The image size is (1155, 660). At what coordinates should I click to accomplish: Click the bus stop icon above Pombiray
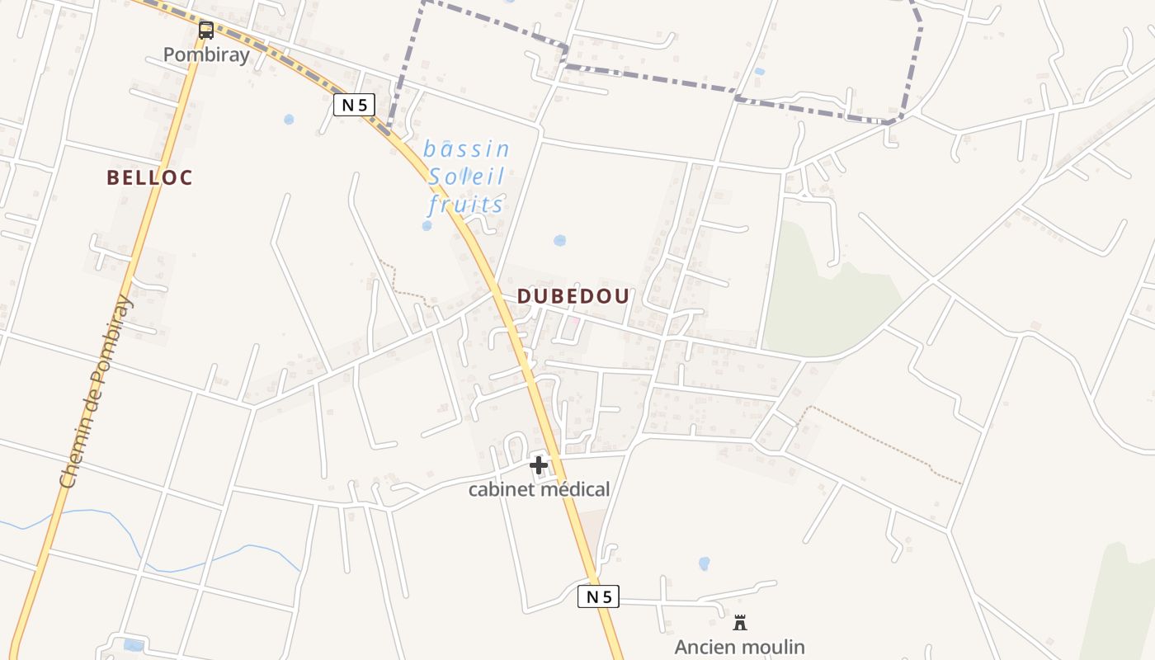206,31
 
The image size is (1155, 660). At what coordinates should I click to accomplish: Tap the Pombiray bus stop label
206,54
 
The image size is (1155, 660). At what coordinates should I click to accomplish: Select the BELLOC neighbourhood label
149,177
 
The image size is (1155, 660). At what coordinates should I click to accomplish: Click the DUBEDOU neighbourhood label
573,296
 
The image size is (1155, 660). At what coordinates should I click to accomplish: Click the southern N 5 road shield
598,596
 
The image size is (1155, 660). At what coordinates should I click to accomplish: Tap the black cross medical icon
539,465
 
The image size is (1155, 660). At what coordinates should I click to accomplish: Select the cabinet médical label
540,489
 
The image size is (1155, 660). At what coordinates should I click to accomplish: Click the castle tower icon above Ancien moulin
740,623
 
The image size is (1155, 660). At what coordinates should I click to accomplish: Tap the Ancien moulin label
740,647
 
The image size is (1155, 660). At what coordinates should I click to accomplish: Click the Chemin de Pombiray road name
97,392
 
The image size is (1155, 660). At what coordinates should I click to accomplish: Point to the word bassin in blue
466,149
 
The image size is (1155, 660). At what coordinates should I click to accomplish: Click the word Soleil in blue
466,177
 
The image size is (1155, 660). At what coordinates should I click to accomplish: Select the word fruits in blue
466,204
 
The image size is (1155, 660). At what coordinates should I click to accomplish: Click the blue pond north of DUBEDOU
560,241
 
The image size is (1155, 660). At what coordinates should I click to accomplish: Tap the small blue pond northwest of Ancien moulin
704,563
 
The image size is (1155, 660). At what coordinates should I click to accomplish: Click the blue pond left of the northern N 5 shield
289,120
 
